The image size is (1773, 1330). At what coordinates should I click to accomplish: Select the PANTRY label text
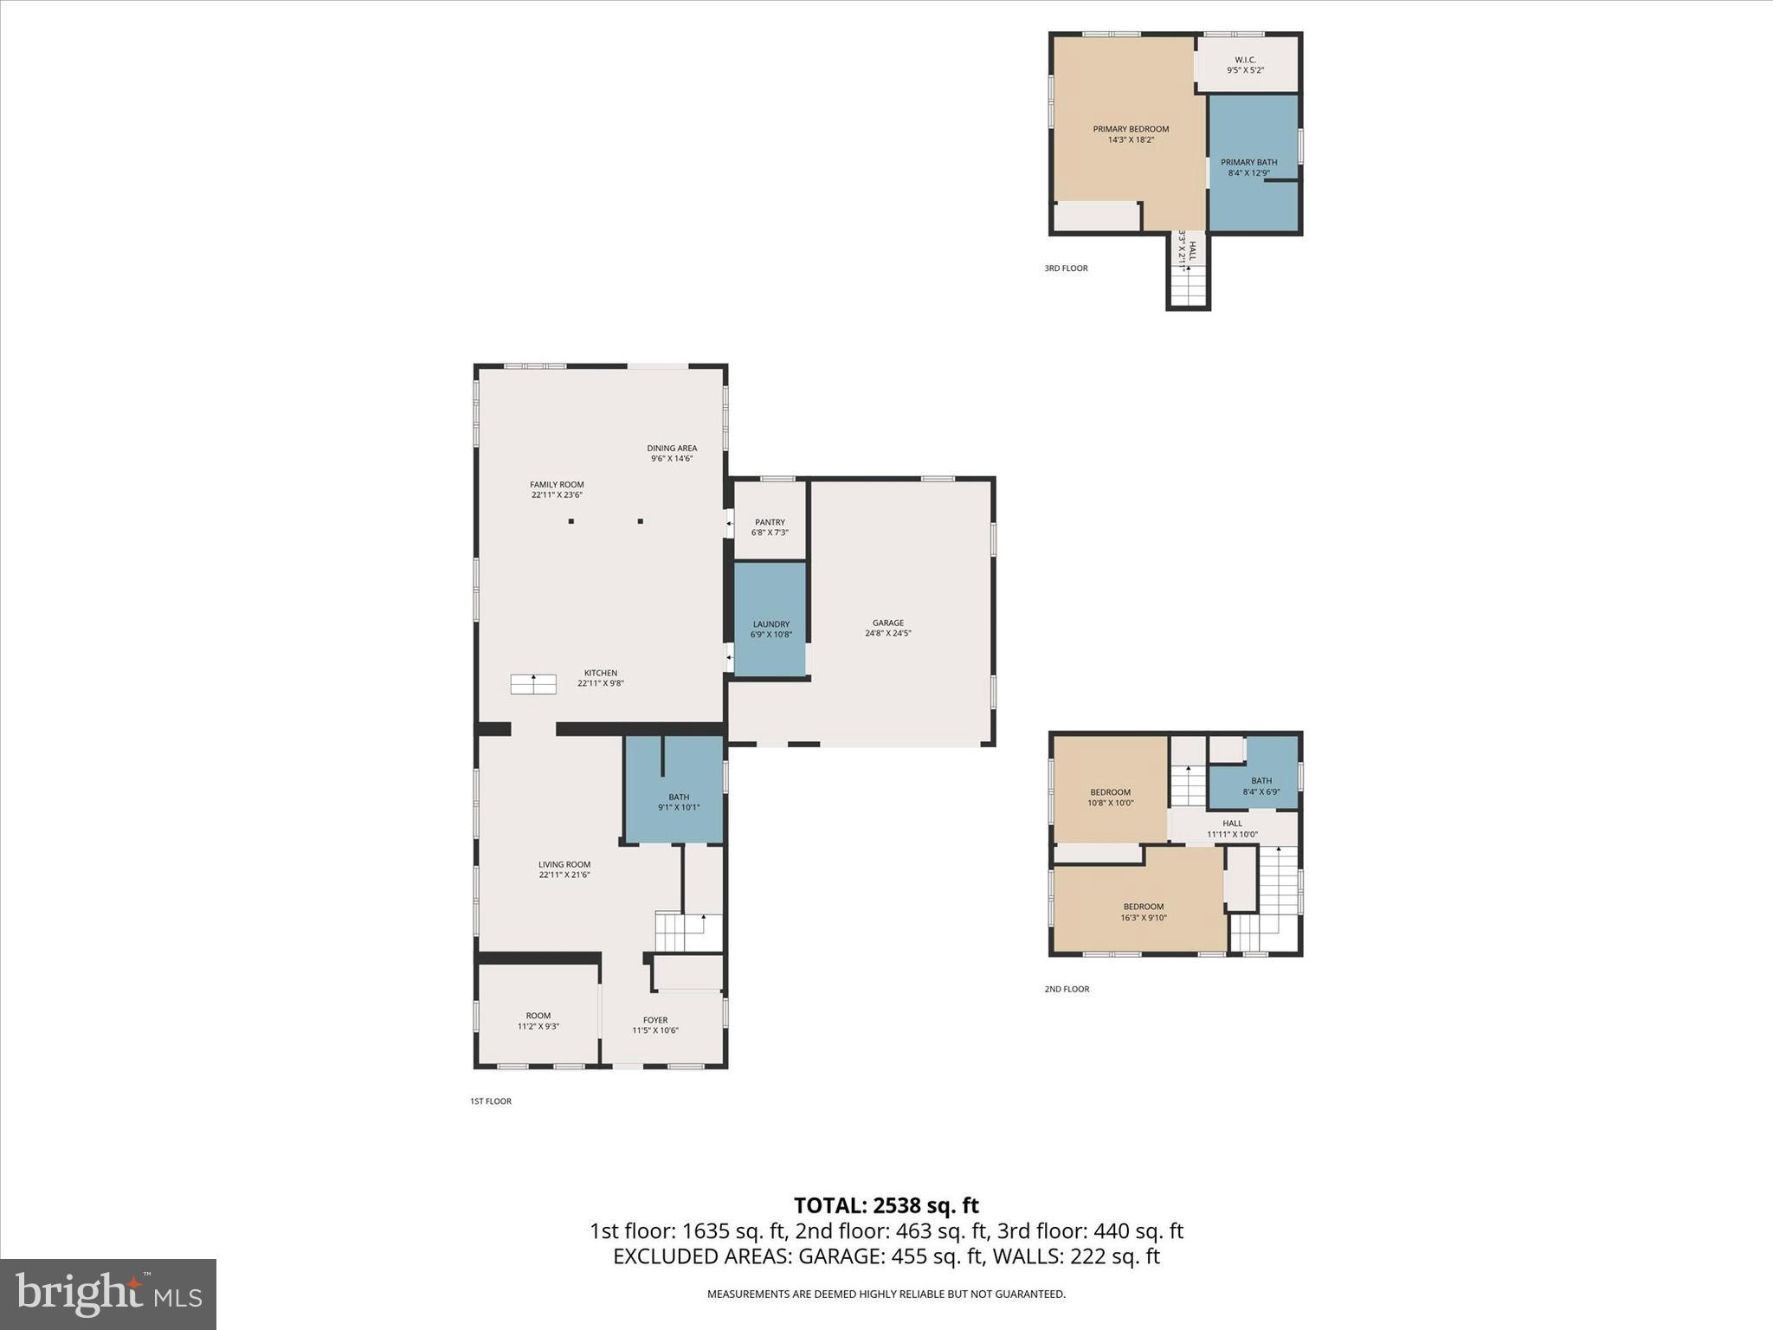point(770,522)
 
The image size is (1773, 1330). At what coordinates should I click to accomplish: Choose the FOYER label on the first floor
point(655,1020)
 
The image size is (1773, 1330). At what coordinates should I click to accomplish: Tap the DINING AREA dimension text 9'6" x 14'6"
point(672,459)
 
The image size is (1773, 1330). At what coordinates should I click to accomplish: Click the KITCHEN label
point(600,673)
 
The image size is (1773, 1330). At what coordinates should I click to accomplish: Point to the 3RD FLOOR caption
point(1066,268)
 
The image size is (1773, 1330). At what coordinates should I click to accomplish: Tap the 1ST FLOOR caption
point(491,1101)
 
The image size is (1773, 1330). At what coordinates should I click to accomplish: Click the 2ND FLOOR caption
point(1067,989)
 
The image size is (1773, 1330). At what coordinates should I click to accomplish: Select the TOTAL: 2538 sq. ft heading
point(886,1205)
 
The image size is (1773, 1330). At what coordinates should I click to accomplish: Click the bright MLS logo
point(108,1294)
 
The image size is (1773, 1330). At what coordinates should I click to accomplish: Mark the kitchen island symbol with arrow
point(533,684)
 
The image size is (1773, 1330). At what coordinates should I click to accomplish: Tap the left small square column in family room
point(571,521)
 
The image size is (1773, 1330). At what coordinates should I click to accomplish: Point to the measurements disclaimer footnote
point(886,1294)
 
